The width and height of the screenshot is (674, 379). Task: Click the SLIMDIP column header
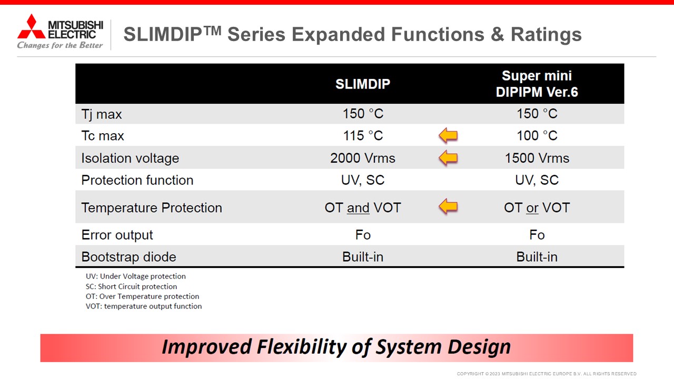tap(363, 84)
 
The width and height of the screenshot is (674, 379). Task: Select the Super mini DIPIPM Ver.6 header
tap(537, 84)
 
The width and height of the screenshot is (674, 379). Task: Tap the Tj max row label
tap(102, 114)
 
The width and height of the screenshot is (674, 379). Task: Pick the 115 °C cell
tap(363, 136)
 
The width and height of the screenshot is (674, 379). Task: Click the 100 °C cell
tap(537, 136)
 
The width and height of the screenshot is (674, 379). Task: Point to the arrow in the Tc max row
tap(448, 135)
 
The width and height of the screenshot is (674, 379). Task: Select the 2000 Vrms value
tap(363, 158)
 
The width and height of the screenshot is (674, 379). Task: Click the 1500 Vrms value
tap(537, 158)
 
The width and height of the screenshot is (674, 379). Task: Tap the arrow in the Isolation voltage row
tap(448, 158)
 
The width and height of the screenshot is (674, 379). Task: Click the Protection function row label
tap(137, 180)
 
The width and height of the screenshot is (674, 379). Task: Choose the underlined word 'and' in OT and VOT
tap(358, 208)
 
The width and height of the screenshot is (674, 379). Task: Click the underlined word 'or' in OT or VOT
tap(532, 208)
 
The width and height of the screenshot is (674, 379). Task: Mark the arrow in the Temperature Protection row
tap(448, 207)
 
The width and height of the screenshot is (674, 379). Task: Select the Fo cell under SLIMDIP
tap(363, 235)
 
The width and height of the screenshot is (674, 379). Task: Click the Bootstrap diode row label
tap(129, 257)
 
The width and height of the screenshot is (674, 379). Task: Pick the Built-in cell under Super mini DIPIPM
tap(537, 257)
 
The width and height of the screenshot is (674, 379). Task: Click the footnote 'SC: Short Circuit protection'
tap(131, 286)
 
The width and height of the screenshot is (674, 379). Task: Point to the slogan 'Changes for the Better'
tap(60, 45)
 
